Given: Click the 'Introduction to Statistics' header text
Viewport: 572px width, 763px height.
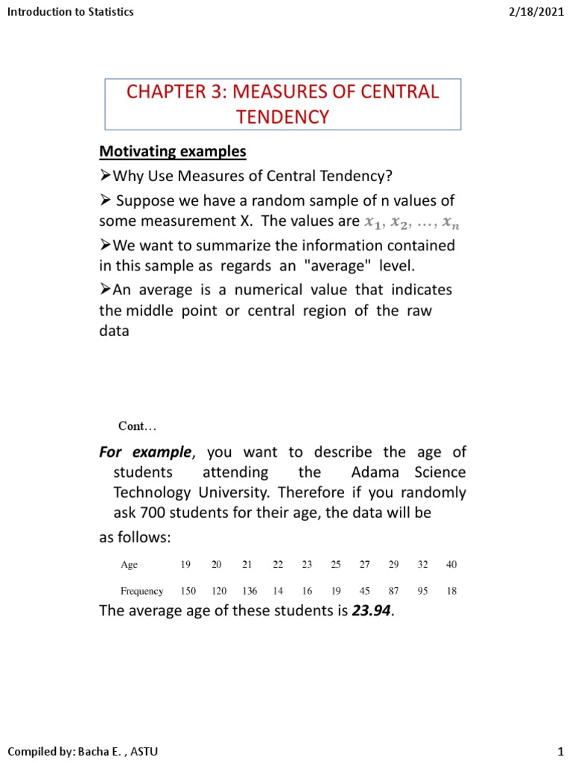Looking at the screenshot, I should tap(70, 12).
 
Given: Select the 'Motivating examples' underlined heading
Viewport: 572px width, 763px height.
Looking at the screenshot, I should tap(172, 151).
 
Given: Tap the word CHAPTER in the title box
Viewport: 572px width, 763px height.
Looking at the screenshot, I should tap(171, 92).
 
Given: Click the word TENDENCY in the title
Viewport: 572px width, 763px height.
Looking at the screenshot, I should tap(282, 116).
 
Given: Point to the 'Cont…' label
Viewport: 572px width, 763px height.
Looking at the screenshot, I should tap(138, 426).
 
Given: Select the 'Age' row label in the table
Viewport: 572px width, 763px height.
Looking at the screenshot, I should tap(129, 565).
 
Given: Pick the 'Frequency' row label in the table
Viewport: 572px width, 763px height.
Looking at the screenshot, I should tap(142, 591).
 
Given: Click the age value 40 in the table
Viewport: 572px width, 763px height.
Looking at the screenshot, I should tap(451, 565).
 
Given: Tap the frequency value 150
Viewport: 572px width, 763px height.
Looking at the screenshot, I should tap(188, 591).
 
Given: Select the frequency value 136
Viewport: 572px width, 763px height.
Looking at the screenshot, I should tap(249, 591).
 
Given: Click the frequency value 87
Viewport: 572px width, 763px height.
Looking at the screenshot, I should tap(394, 591).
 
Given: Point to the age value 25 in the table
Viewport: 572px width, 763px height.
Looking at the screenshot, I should tap(336, 565).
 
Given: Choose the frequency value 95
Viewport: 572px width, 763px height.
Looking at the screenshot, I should tap(423, 591).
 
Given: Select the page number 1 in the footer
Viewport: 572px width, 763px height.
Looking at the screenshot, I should tap(559, 752).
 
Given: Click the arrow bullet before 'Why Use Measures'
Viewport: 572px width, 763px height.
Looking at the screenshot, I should tap(105, 176).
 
